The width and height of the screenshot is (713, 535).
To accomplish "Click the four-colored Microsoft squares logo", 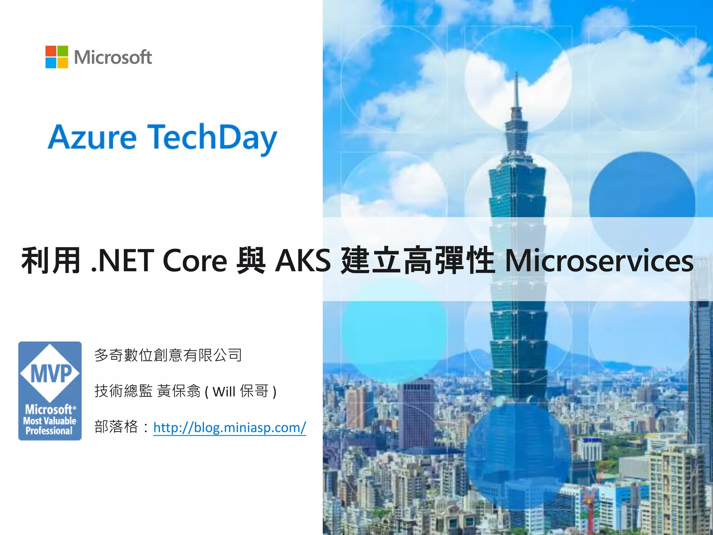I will [57, 57].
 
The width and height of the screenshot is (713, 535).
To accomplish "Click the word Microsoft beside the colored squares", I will [113, 57].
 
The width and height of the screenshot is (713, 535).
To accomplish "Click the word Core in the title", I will [195, 261].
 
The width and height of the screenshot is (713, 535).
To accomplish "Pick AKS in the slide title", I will [303, 261].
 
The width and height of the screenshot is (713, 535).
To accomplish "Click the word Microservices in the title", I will [599, 261].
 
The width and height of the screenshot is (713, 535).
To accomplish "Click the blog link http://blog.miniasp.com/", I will [230, 427].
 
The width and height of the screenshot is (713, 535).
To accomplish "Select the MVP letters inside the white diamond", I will [51, 373].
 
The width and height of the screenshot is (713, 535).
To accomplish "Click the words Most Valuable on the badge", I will [50, 421].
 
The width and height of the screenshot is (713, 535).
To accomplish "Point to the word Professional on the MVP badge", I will [49, 431].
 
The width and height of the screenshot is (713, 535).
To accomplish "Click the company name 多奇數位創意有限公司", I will [168, 355].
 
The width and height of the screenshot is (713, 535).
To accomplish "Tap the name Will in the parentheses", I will [224, 392].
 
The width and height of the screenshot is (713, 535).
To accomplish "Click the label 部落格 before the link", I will [116, 427].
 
